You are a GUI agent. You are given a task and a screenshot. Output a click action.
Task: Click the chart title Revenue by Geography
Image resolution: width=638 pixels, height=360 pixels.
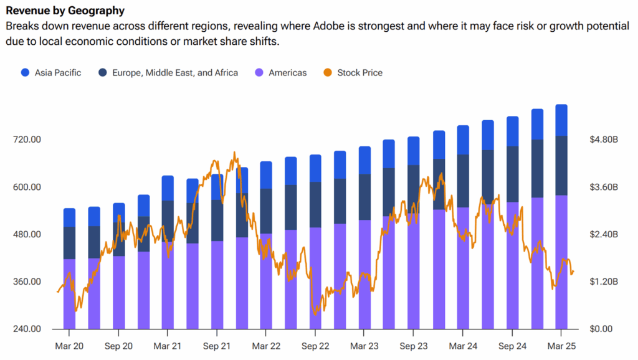click(x=65, y=11)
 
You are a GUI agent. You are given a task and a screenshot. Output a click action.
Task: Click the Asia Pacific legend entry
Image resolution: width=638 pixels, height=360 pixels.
click(x=57, y=73)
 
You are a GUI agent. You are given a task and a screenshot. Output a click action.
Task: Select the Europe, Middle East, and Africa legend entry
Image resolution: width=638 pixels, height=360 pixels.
click(x=174, y=73)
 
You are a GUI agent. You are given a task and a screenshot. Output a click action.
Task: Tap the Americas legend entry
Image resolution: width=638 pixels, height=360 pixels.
click(x=287, y=73)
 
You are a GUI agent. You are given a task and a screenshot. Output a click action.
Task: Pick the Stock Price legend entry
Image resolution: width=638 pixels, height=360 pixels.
click(x=359, y=73)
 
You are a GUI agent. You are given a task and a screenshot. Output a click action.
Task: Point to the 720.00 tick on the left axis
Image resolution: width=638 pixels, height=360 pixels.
click(x=27, y=140)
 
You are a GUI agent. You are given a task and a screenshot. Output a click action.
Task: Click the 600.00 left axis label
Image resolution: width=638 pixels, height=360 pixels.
click(x=27, y=187)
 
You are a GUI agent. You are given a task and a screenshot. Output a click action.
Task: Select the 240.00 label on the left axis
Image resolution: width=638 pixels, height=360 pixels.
click(x=27, y=329)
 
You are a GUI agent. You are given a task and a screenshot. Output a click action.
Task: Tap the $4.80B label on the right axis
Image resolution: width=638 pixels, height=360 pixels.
click(x=603, y=140)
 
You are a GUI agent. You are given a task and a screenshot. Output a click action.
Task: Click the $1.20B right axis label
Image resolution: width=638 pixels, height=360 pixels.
click(x=603, y=282)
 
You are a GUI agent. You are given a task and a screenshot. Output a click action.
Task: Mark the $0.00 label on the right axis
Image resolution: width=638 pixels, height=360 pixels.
click(x=603, y=329)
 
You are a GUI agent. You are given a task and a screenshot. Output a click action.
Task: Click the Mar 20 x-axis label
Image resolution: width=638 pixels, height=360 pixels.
click(x=69, y=346)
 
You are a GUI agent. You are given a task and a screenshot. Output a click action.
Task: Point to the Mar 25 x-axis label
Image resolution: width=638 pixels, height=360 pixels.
click(x=561, y=346)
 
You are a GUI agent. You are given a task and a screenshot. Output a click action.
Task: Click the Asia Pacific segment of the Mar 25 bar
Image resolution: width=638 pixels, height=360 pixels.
click(x=561, y=120)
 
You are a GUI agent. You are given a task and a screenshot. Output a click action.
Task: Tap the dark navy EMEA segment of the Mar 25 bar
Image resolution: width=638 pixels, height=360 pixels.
click(x=561, y=165)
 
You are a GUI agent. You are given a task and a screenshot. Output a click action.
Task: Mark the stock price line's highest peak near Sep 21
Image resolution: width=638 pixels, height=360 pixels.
click(x=234, y=152)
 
